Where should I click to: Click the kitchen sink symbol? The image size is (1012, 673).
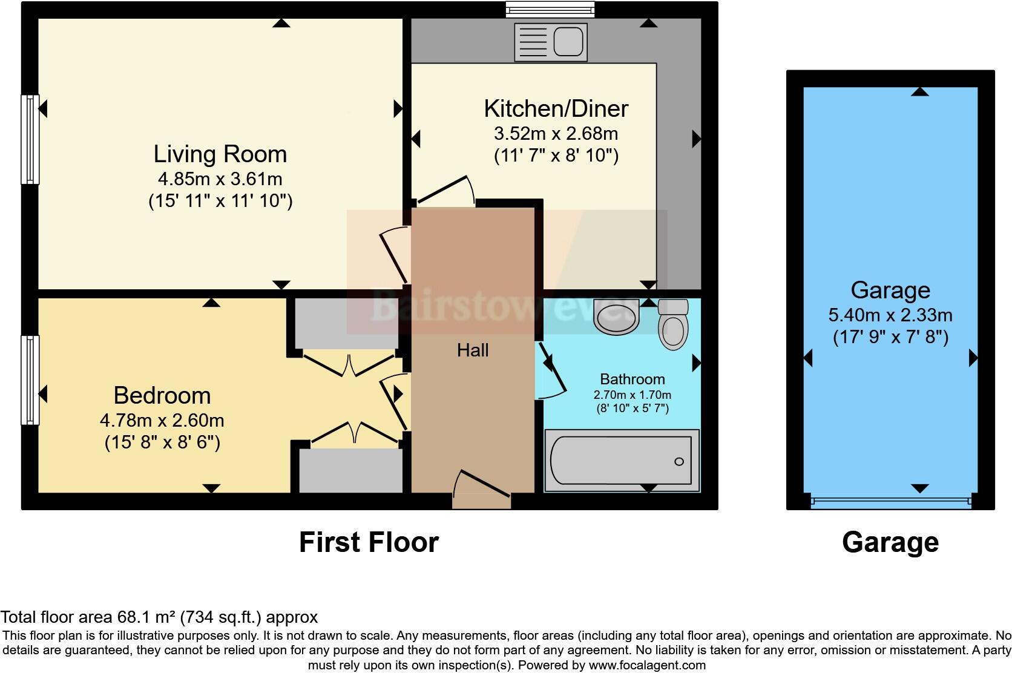pyautogui.click(x=550, y=42)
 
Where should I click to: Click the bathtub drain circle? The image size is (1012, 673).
pyautogui.click(x=679, y=462)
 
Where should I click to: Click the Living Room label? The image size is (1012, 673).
pyautogui.click(x=220, y=154)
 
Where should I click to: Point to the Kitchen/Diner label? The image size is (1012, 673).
pyautogui.click(x=556, y=109)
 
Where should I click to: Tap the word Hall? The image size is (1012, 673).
pyautogui.click(x=473, y=350)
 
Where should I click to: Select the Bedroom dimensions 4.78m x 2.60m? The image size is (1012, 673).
pyautogui.click(x=162, y=419)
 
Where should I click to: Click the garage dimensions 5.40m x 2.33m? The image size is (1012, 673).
pyautogui.click(x=890, y=315)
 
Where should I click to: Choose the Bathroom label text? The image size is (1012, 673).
pyautogui.click(x=632, y=379)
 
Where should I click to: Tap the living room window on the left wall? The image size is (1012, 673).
pyautogui.click(x=30, y=139)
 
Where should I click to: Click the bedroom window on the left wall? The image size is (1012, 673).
pyautogui.click(x=30, y=379)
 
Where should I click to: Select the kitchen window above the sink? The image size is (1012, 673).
pyautogui.click(x=550, y=9)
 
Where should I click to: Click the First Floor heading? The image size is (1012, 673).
pyautogui.click(x=369, y=542)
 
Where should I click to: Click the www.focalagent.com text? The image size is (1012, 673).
pyautogui.click(x=647, y=665)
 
